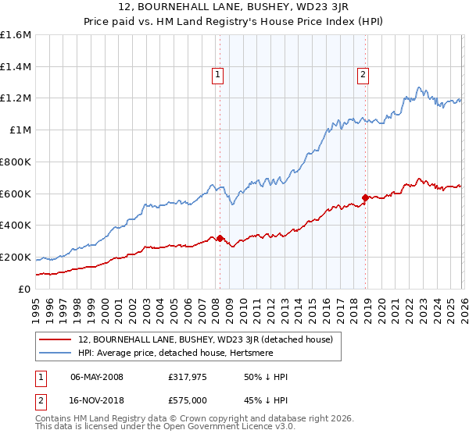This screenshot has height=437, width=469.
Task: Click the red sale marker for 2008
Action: [x=220, y=238]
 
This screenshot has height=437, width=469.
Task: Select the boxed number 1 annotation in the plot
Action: [x=217, y=75]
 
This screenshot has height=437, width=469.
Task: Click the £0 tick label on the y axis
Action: [x=25, y=289]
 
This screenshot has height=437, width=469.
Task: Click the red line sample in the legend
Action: [x=55, y=339]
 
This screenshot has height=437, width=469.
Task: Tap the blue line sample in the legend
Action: [x=55, y=353]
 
